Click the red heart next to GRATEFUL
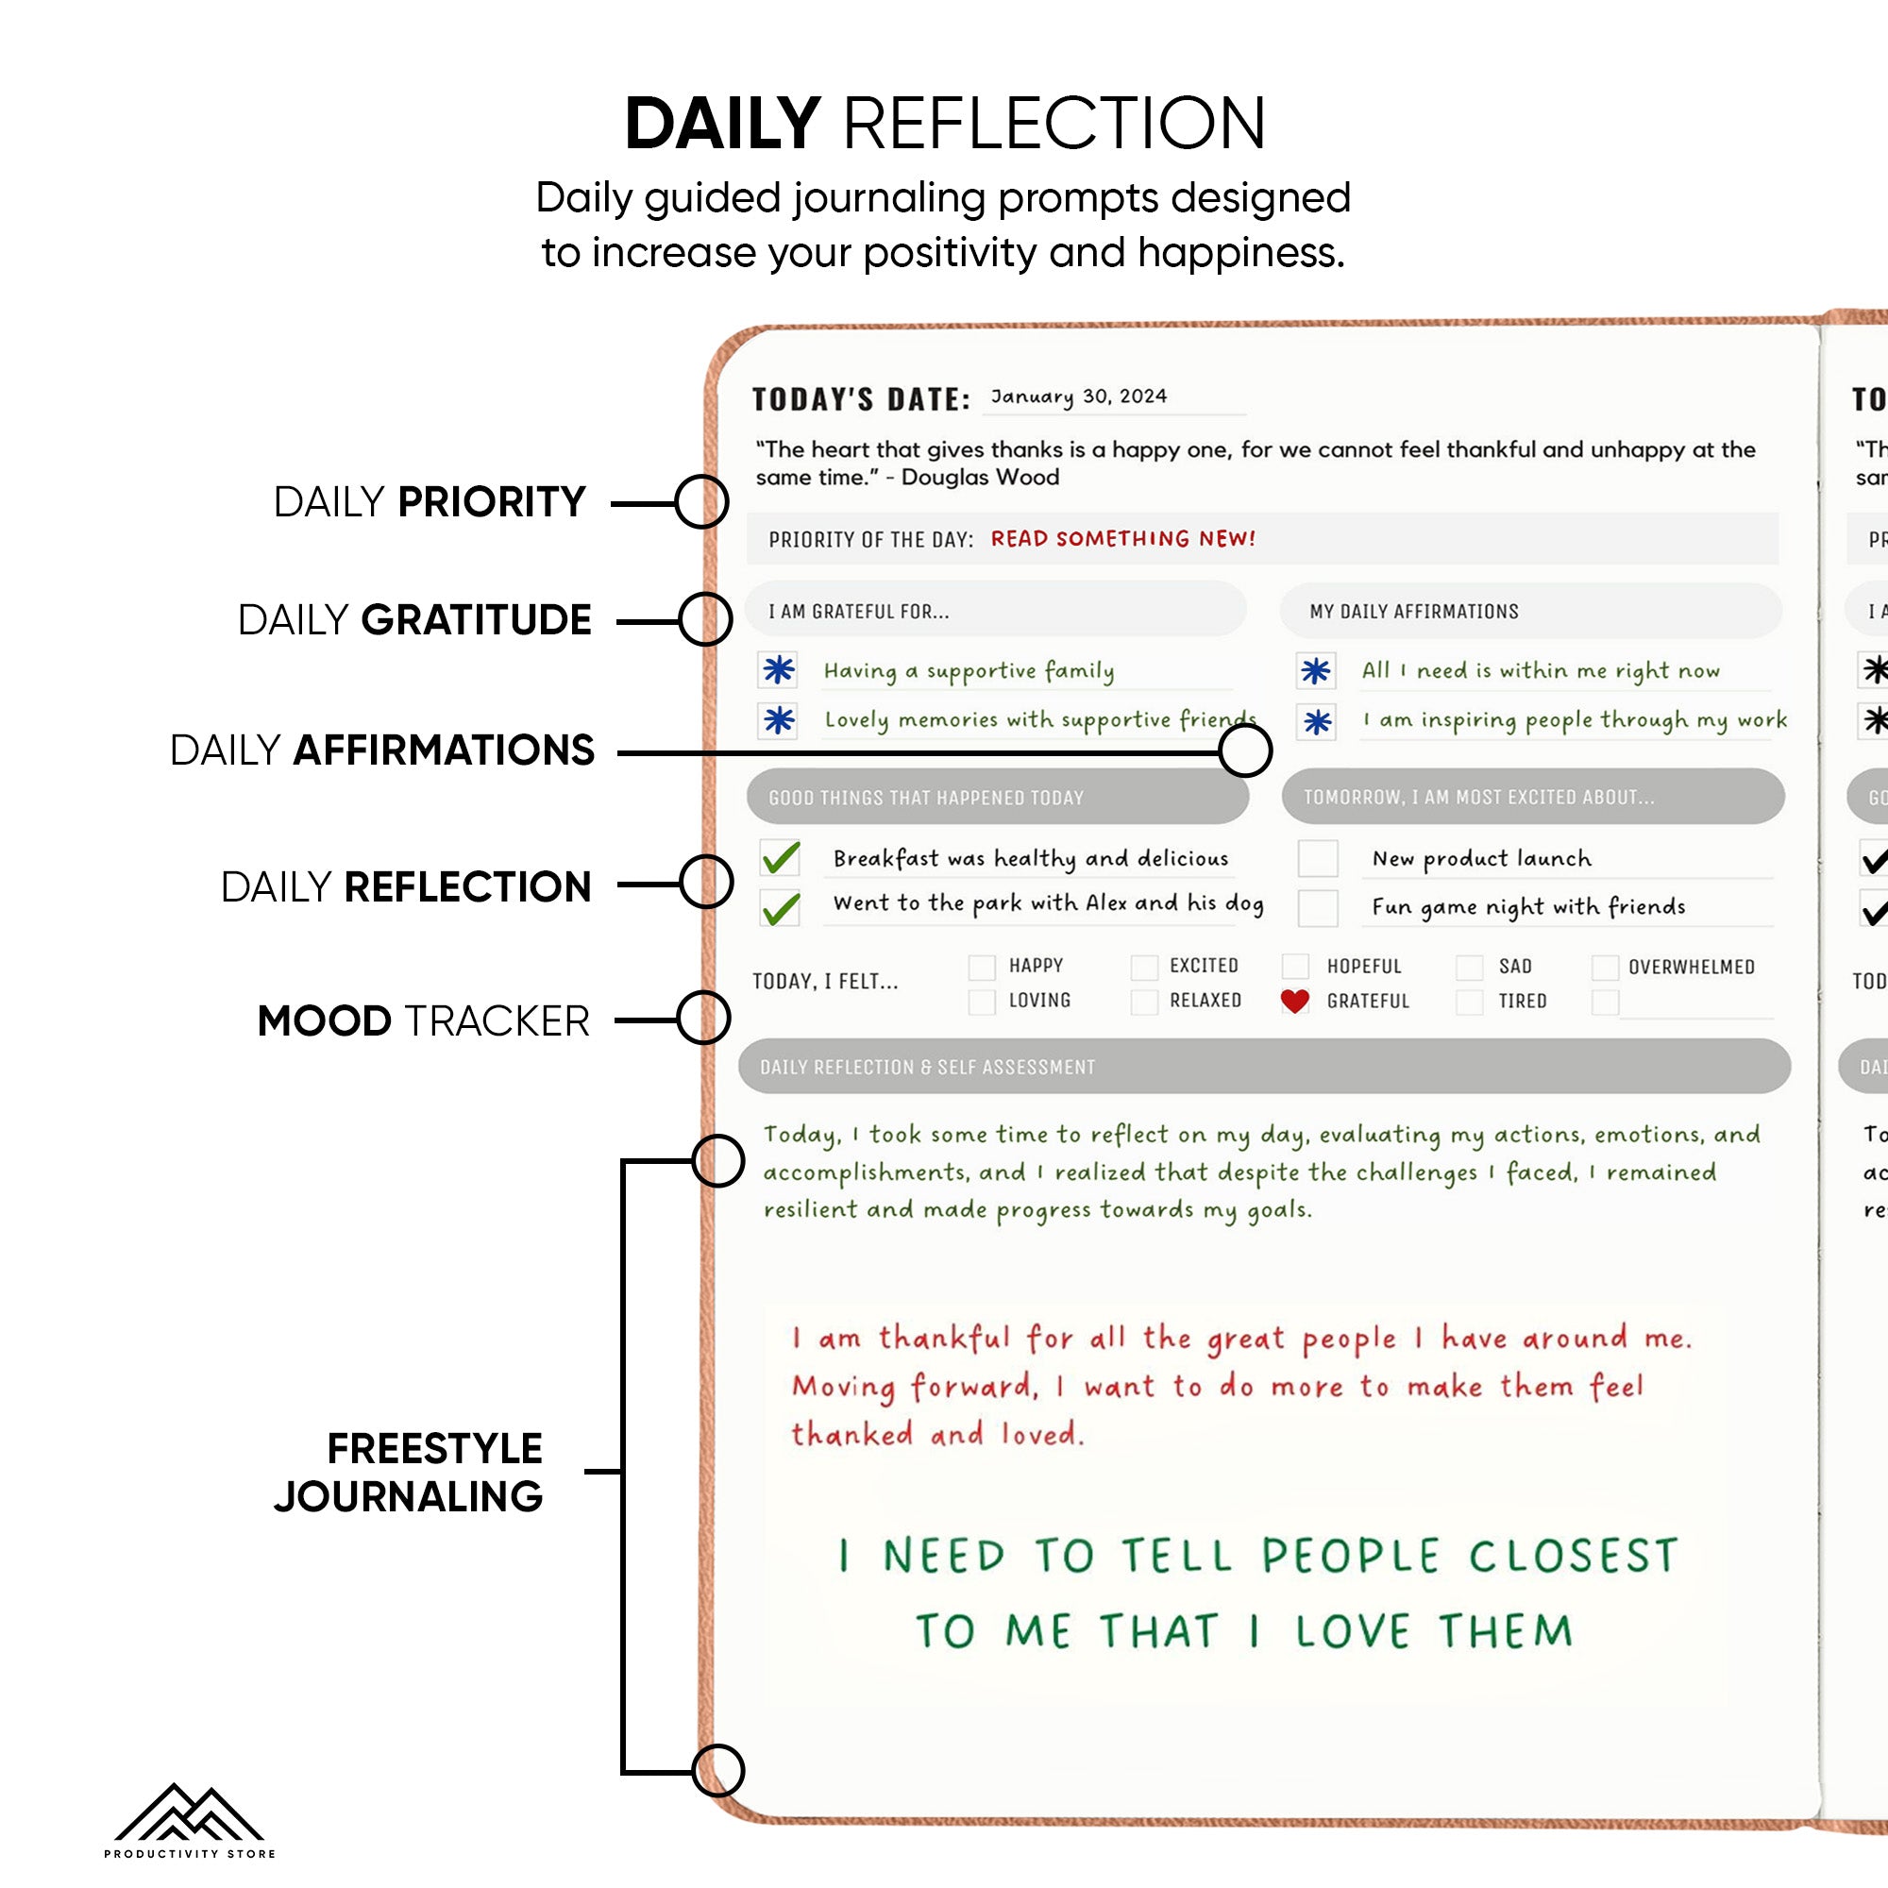click(x=1295, y=1001)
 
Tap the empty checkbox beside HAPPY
click(x=981, y=967)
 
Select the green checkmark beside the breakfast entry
click(x=781, y=858)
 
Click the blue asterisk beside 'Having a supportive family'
click(x=779, y=670)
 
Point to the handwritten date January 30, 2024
click(x=1079, y=396)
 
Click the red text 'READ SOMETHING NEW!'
click(x=1122, y=538)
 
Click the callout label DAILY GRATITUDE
click(x=414, y=619)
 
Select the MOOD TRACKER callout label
click(x=423, y=1020)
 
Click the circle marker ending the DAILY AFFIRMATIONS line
click(x=1245, y=751)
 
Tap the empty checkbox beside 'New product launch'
click(x=1317, y=858)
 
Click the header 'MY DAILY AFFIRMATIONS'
click(x=1414, y=612)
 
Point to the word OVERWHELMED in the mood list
click(x=1692, y=967)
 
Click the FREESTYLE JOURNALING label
click(x=409, y=1472)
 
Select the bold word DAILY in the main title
click(x=722, y=124)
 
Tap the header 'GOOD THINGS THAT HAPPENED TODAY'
click(x=926, y=798)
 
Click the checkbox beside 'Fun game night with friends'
click(x=1317, y=907)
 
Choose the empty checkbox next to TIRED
click(x=1469, y=1002)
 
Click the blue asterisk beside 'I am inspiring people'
click(x=1317, y=722)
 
